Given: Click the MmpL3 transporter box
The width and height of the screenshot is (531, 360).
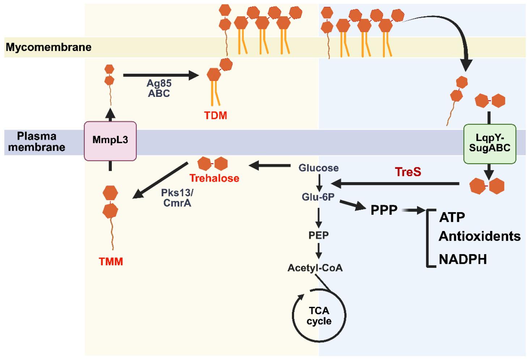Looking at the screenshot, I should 110,141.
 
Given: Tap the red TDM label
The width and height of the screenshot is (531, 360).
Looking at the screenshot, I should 216,116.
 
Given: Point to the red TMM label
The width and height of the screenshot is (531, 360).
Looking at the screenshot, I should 111,261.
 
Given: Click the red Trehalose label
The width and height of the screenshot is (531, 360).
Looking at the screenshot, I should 214,178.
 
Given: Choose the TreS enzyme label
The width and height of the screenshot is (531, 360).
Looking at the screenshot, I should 408,172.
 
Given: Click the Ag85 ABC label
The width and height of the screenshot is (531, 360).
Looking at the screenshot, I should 159,88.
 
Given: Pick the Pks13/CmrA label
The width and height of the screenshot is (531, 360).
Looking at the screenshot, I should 177,198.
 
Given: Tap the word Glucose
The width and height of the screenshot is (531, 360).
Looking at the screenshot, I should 318,168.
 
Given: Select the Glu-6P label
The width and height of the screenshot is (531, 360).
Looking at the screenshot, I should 318,197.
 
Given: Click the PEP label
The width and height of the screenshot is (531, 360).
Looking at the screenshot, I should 318,235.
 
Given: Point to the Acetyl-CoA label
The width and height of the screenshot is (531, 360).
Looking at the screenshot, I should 315,268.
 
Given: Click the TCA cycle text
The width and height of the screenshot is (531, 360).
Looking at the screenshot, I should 319,316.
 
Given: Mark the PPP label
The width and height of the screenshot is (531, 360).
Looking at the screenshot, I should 384,210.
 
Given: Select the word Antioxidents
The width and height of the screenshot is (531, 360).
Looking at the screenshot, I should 480,236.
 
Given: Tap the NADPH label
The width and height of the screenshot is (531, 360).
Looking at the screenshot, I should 463,260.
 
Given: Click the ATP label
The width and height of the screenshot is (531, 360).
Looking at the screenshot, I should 452,217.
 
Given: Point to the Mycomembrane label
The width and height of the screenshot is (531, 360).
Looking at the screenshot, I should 48,47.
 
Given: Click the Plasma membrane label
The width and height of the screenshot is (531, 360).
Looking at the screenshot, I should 37,142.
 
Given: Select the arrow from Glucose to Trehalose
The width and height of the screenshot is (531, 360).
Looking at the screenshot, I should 270,166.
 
